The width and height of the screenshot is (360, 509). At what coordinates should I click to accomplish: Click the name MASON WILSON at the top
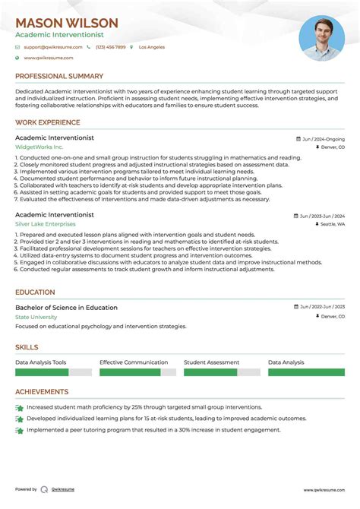click(x=67, y=24)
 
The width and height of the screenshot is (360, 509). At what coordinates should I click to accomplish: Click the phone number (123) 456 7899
click(x=110, y=47)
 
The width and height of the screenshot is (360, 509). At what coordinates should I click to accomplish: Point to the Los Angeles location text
click(x=151, y=47)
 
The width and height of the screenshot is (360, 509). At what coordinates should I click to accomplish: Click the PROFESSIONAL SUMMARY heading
click(x=59, y=77)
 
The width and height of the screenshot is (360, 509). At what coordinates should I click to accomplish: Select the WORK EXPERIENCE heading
click(x=48, y=122)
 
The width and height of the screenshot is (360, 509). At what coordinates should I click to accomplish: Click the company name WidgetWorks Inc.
click(x=39, y=147)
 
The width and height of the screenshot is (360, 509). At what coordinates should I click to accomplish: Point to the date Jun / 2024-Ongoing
click(x=323, y=140)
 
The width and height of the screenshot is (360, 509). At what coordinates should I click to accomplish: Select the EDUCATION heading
click(x=35, y=292)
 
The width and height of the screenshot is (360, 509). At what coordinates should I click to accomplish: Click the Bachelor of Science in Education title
click(x=66, y=308)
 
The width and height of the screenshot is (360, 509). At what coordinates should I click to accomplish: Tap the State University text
click(x=36, y=317)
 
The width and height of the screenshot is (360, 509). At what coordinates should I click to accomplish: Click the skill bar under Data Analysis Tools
click(x=53, y=372)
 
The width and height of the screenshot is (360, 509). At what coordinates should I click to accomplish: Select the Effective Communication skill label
click(x=134, y=363)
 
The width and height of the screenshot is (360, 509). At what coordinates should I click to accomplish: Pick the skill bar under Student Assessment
click(x=222, y=372)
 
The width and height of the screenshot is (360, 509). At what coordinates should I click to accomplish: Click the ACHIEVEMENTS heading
click(x=42, y=392)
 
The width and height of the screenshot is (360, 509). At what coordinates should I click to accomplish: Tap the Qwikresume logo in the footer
click(x=45, y=489)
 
